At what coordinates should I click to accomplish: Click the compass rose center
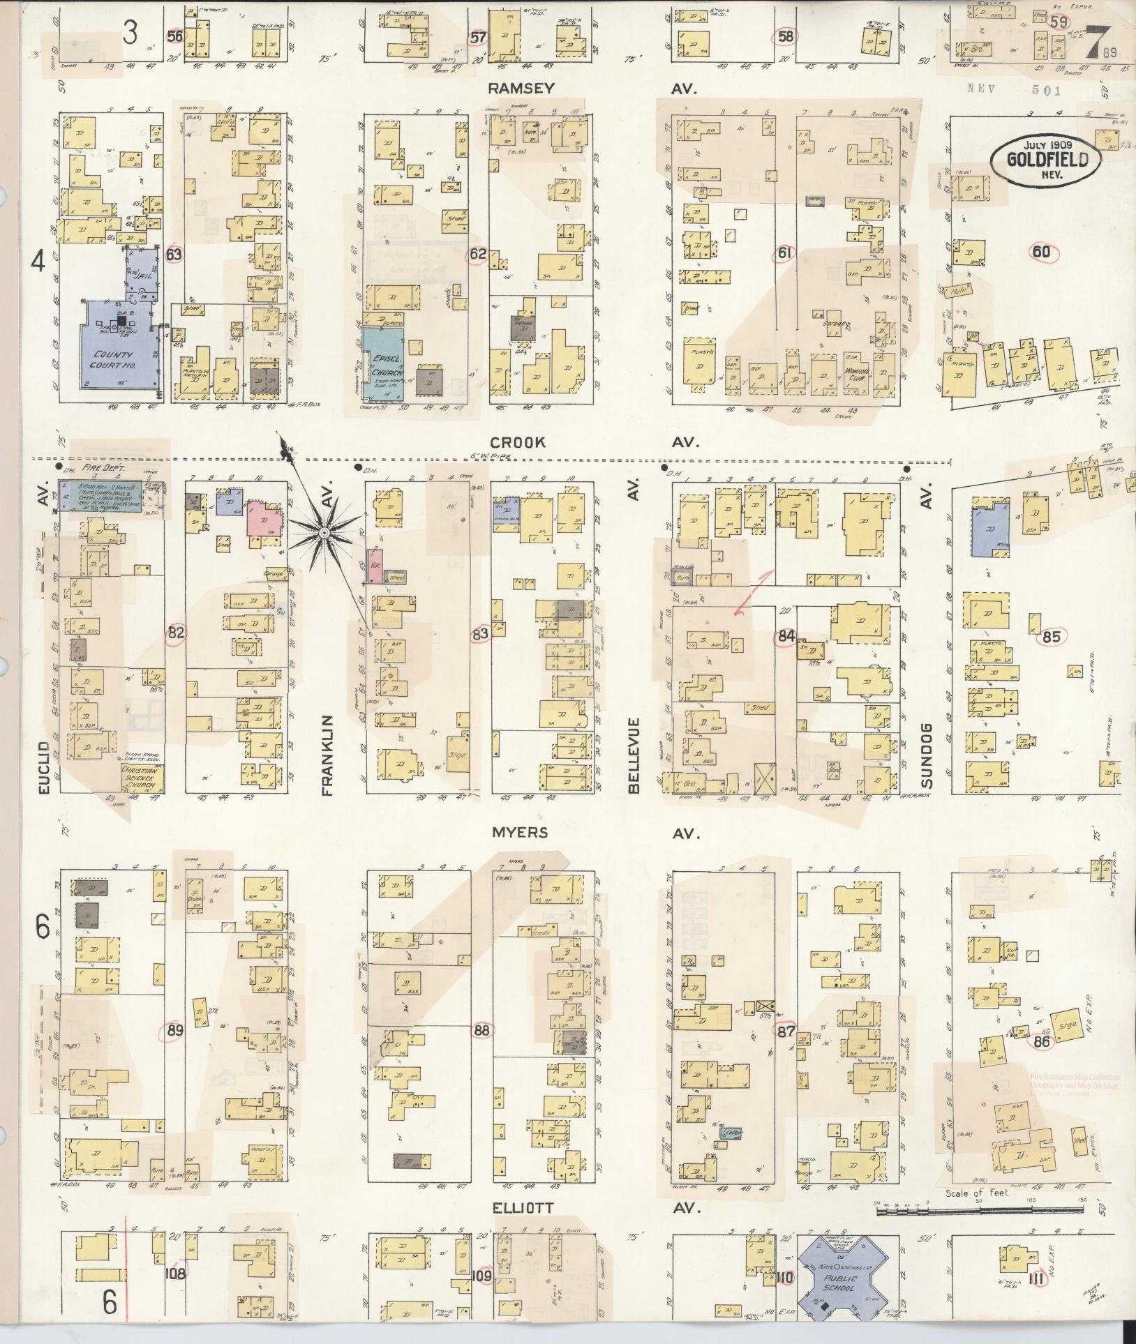click(x=324, y=533)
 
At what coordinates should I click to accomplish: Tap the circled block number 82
click(x=176, y=633)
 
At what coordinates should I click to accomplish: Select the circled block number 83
click(x=480, y=634)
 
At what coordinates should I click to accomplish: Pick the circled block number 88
click(x=481, y=1030)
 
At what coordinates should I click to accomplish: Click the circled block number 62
click(x=478, y=255)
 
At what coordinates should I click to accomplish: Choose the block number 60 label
click(x=1041, y=252)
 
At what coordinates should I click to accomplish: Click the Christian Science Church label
click(x=143, y=777)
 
